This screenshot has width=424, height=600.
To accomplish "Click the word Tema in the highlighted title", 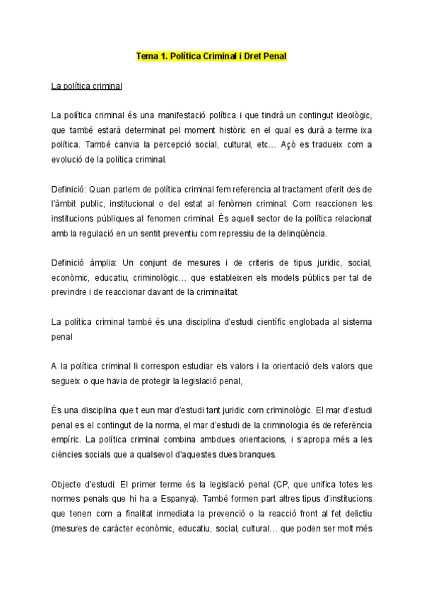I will (x=147, y=55).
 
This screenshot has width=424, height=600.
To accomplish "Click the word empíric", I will (x=66, y=439).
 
